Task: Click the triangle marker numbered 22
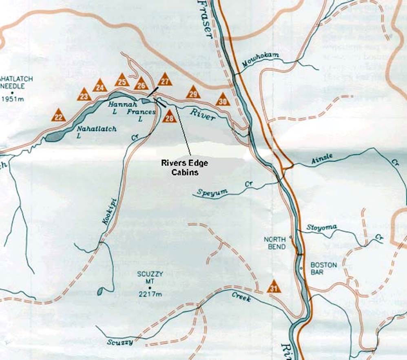(59, 116)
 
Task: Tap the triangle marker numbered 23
(84, 95)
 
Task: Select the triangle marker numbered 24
(100, 85)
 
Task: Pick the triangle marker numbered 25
(122, 80)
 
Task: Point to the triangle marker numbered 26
(141, 84)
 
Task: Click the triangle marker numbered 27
(165, 80)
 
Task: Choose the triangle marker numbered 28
(169, 117)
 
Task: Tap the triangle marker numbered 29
(193, 93)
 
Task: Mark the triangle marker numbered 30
(222, 100)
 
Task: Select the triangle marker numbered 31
(274, 287)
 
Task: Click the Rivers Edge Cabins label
(184, 168)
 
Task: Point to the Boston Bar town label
(324, 268)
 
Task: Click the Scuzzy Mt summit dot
(150, 287)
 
